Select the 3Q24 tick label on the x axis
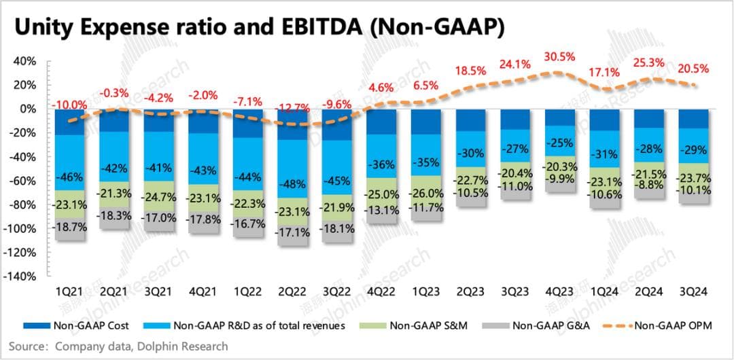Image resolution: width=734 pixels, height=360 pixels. pyautogui.click(x=694, y=292)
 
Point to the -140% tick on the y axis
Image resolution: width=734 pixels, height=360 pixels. pyautogui.click(x=23, y=276)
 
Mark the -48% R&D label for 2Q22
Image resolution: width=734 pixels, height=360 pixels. pyautogui.click(x=294, y=184)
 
